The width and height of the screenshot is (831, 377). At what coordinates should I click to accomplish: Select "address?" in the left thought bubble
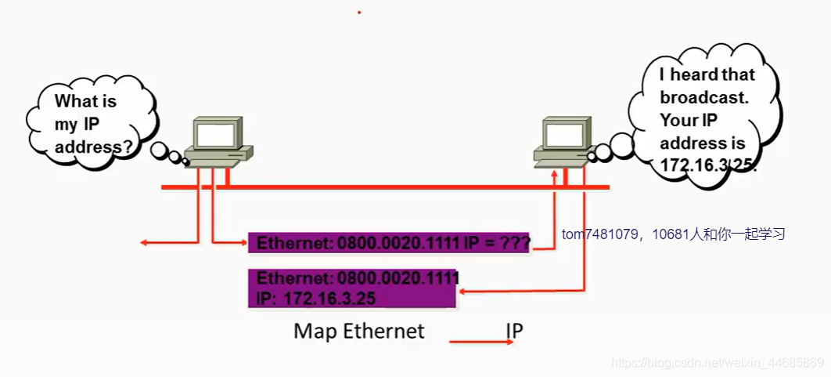coord(93,147)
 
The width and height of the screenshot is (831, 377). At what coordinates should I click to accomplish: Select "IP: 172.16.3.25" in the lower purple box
coord(316,299)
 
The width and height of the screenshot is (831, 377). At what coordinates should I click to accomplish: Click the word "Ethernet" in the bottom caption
coord(383,332)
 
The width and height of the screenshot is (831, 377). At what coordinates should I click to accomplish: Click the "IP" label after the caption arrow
coord(514,332)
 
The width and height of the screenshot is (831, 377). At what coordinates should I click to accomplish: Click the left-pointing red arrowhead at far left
coord(144,243)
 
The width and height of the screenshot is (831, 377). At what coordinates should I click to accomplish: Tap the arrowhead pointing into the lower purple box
coord(462,291)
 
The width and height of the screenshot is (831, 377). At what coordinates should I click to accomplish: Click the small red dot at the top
coord(359,13)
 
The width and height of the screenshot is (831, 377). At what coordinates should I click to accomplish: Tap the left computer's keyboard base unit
coord(220,160)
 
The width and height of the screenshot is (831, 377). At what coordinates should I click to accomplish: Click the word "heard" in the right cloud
coord(712,75)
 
